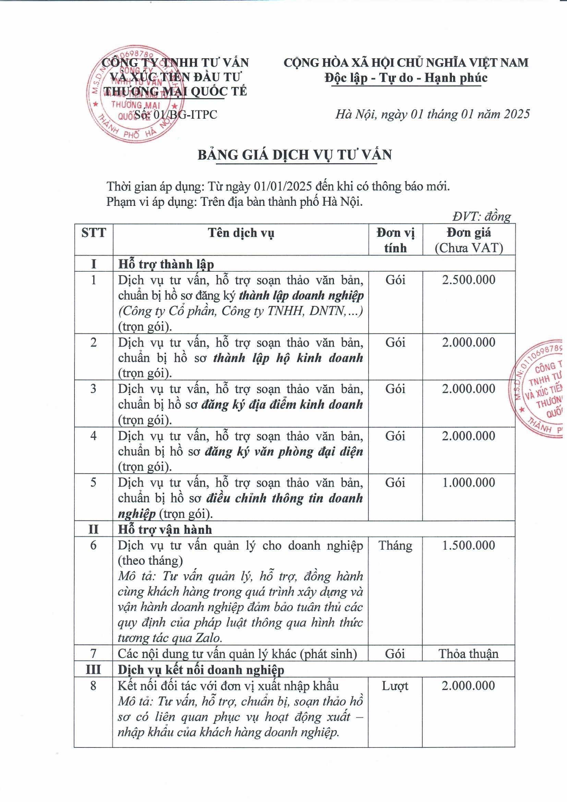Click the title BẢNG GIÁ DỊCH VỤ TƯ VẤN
[294, 155]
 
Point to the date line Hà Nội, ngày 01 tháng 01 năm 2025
[433, 114]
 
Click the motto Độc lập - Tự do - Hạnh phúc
[406, 78]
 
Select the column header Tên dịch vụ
[241, 233]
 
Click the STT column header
[94, 233]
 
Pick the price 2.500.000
[469, 280]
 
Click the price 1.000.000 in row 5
[469, 482]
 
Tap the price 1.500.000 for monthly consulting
[469, 545]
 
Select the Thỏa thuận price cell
[469, 653]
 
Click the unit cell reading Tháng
[395, 545]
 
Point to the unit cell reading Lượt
[395, 686]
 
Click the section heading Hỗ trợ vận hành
[165, 530]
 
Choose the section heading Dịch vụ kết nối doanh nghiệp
[201, 670]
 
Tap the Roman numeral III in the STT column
[93, 670]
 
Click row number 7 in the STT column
[93, 653]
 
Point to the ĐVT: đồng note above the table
[481, 216]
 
